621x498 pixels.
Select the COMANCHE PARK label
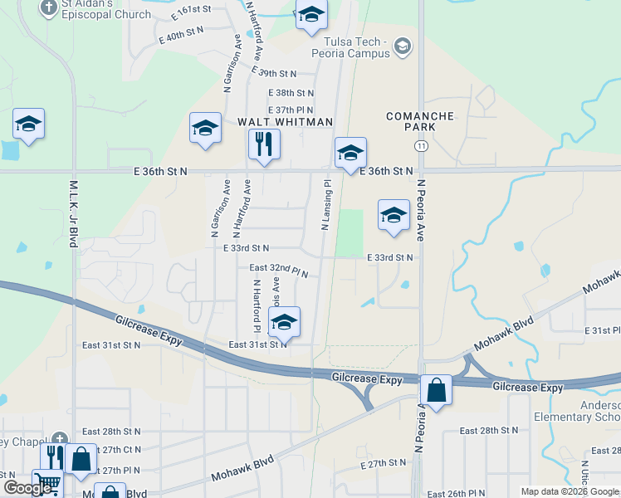tap(420, 122)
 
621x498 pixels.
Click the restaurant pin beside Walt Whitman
tap(264, 144)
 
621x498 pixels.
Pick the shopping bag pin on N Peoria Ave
tap(435, 389)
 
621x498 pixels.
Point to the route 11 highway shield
tap(423, 146)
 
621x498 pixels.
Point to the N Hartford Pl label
tap(257, 303)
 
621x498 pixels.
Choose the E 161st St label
tap(192, 9)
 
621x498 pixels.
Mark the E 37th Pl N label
tap(290, 110)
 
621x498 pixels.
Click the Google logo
tap(27, 488)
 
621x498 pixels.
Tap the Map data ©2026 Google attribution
tap(569, 491)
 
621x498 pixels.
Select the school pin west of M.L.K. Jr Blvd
tap(29, 125)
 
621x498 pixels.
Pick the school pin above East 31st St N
tap(284, 323)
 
